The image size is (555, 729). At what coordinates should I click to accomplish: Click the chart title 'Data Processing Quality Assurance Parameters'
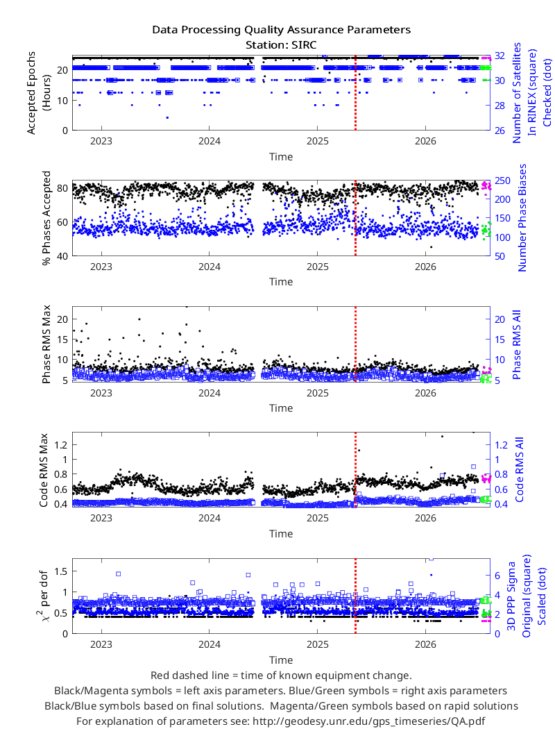281,30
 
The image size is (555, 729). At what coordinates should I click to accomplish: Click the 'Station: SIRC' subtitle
281,45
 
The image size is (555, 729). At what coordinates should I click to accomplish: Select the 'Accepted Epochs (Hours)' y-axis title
37,93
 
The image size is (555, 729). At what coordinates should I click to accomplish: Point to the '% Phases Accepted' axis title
46,218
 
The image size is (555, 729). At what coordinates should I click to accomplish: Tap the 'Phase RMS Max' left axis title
46,344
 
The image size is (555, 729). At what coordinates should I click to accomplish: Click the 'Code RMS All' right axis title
519,469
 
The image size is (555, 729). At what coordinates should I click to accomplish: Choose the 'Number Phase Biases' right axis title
522,218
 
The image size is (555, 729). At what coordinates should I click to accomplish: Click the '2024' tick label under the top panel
210,141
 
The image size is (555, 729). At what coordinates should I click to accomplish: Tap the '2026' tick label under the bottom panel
425,644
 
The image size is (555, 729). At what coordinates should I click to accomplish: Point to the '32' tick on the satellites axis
499,56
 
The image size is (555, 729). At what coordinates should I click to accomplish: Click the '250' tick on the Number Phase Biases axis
502,181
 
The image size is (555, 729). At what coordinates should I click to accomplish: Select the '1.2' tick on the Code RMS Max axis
61,445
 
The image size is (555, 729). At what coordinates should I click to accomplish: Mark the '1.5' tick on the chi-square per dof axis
61,571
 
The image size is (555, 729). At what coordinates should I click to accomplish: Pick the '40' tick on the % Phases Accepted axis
62,256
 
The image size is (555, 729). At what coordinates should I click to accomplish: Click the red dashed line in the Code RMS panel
355,469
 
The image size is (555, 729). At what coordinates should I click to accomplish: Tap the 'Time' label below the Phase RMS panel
281,408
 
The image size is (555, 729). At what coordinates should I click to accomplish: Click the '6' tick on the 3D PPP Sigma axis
497,576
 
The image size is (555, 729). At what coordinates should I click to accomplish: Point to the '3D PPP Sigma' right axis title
511,596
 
